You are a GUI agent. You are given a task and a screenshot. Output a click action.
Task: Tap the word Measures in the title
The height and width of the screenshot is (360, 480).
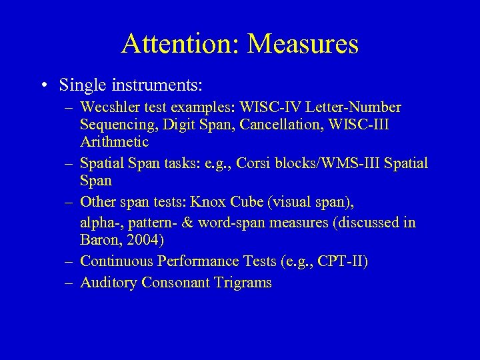coord(303,44)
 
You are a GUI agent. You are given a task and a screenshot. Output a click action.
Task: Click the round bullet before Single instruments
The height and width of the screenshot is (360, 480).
coord(43,86)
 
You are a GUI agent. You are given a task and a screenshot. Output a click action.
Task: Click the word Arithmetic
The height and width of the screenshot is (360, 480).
coord(114,142)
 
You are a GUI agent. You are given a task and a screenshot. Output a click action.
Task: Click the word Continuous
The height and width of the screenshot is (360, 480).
coord(115,261)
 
